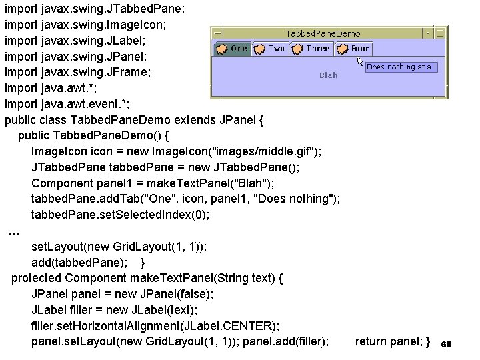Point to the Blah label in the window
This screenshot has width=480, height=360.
(x=328, y=75)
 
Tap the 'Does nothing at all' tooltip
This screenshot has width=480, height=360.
(x=402, y=67)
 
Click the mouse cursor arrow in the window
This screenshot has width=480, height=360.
(x=360, y=61)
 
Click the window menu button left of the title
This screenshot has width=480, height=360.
(x=217, y=33)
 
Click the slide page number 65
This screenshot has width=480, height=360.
(x=447, y=344)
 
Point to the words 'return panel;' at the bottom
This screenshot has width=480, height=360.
(x=386, y=341)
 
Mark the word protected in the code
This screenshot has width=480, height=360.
(x=36, y=278)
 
